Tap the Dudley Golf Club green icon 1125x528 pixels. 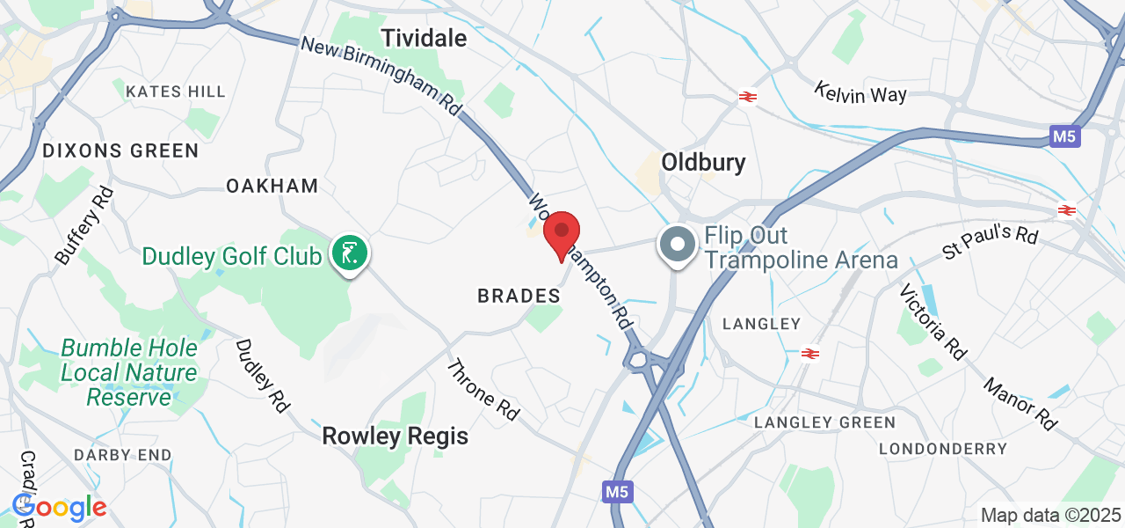click(x=350, y=253)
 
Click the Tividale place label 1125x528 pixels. click(x=423, y=38)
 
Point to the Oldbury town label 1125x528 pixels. click(x=703, y=162)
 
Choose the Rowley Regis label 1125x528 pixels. click(x=395, y=436)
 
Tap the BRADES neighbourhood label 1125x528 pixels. click(x=519, y=297)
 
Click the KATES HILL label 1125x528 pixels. click(x=176, y=92)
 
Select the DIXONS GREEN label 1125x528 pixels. click(x=121, y=151)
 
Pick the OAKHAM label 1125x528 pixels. click(x=272, y=186)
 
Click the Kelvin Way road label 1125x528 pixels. click(x=860, y=92)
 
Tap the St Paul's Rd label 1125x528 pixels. click(x=991, y=242)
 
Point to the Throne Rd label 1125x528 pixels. click(x=483, y=388)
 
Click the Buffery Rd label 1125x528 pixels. click(x=84, y=225)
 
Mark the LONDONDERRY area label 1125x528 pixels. click(x=943, y=449)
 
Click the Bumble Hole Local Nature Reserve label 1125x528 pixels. click(x=129, y=373)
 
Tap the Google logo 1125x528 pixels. click(x=60, y=507)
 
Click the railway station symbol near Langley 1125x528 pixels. click(x=809, y=354)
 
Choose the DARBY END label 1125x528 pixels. click(x=122, y=455)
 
